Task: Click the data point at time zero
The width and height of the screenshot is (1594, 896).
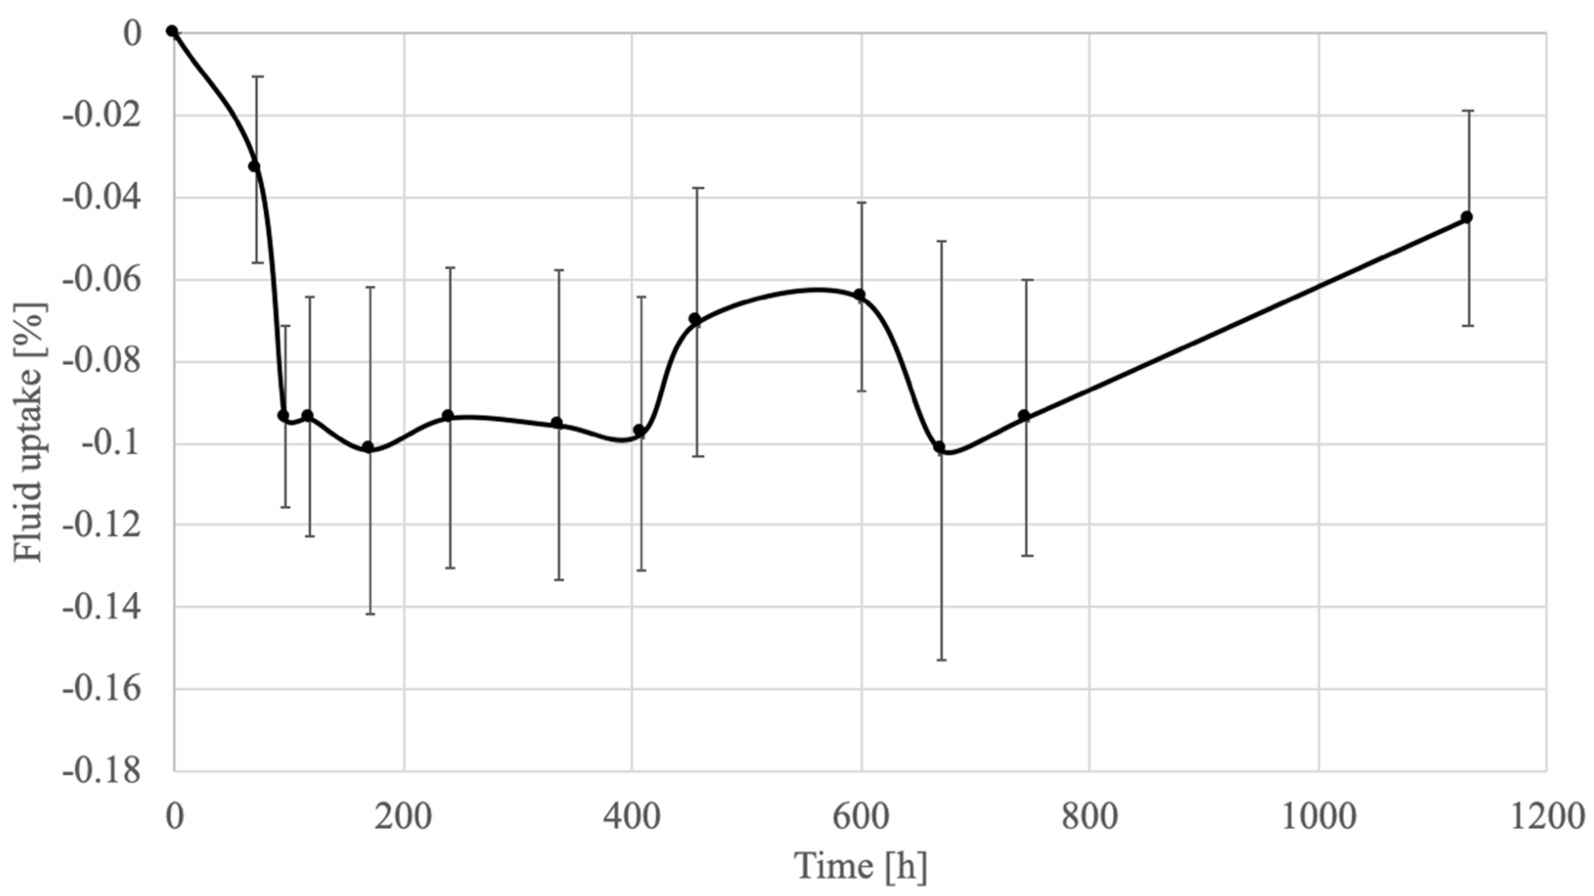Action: click(172, 31)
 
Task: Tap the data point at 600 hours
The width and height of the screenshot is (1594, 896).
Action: click(859, 295)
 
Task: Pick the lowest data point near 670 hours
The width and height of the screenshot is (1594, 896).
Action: click(939, 447)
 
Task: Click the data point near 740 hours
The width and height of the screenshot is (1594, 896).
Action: click(1024, 416)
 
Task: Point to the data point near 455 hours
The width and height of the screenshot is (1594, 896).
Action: click(695, 319)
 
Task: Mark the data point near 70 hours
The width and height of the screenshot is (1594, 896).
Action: click(254, 166)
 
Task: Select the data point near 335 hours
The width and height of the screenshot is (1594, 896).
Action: click(557, 423)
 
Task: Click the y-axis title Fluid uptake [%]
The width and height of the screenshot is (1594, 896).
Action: click(30, 432)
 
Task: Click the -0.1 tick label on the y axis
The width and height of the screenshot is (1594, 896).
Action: click(111, 444)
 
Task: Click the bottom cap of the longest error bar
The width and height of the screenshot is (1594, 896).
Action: click(942, 660)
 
